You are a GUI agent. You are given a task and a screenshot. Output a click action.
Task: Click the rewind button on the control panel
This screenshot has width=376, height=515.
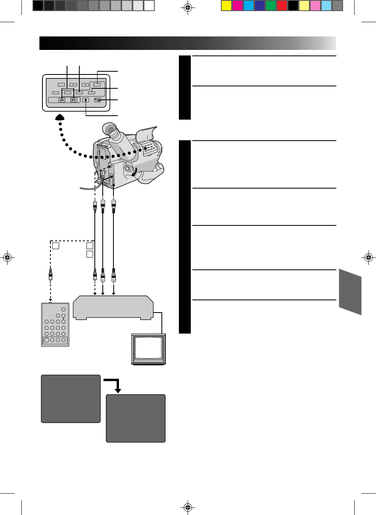tap(62, 100)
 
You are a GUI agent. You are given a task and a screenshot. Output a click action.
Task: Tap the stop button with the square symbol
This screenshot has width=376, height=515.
tap(85, 100)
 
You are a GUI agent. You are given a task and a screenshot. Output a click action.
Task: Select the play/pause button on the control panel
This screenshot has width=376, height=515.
tap(98, 100)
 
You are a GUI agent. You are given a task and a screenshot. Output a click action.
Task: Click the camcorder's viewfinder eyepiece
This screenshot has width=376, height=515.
tap(111, 130)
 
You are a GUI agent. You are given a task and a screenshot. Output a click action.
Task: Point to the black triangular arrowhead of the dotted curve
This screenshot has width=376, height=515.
tap(61, 117)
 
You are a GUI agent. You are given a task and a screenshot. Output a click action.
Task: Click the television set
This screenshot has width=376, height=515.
tap(149, 349)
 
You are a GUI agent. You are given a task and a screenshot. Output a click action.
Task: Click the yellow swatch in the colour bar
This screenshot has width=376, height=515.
tap(226, 6)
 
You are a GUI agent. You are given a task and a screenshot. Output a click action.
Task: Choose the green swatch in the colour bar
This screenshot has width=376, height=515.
tap(271, 6)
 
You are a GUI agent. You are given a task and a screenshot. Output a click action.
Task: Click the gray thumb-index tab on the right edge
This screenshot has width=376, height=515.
tap(350, 291)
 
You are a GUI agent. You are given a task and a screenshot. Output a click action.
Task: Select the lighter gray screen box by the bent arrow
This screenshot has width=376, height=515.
tap(71, 399)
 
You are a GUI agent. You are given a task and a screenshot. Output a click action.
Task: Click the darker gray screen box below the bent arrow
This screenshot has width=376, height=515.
tap(136, 418)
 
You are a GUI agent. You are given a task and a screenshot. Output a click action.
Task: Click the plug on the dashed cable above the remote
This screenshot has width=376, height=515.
tap(50, 275)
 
